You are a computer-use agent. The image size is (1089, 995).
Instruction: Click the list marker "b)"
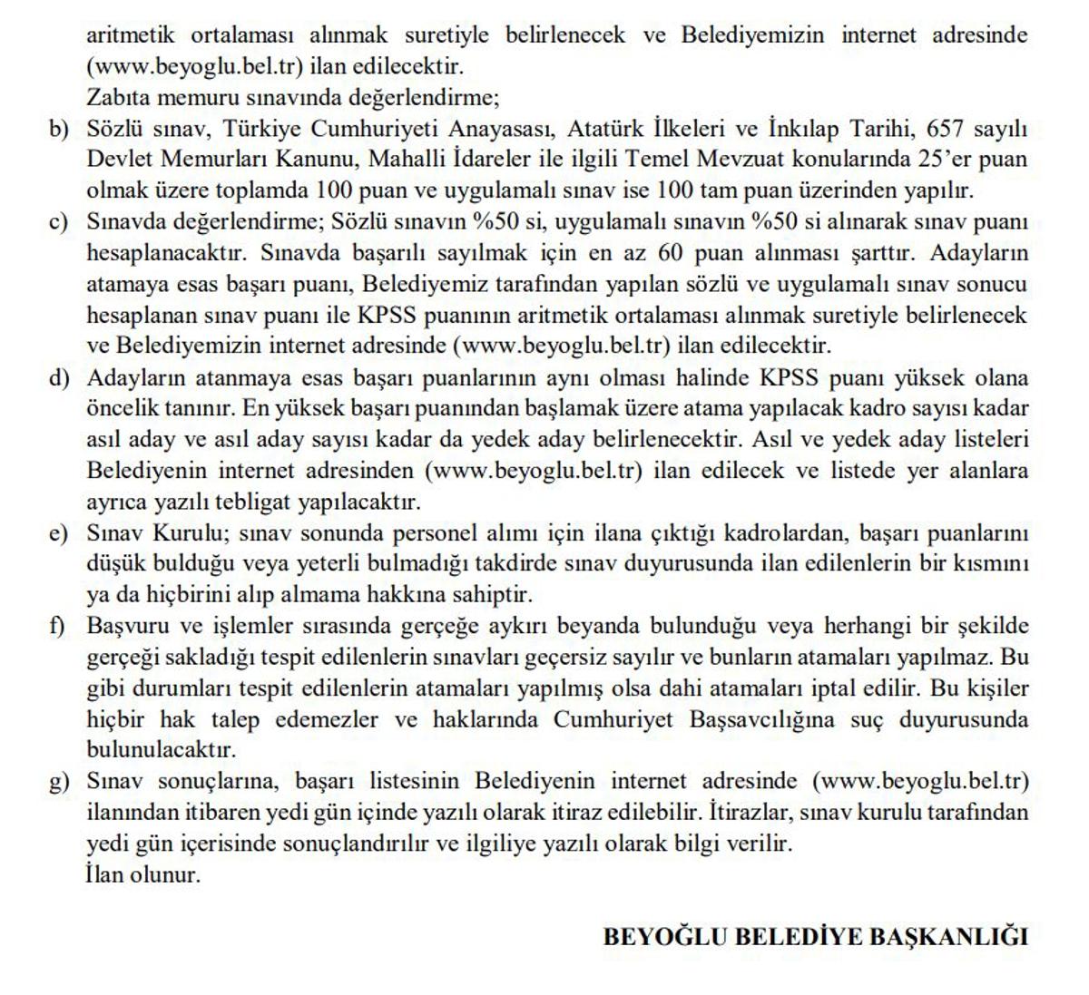59,129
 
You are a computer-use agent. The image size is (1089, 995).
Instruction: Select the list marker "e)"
59,533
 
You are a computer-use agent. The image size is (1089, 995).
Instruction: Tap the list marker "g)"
59,782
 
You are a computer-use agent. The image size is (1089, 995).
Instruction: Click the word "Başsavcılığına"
770,720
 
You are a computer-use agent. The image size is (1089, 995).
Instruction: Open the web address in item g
920,782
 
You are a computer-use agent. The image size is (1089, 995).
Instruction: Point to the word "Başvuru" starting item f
126,627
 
